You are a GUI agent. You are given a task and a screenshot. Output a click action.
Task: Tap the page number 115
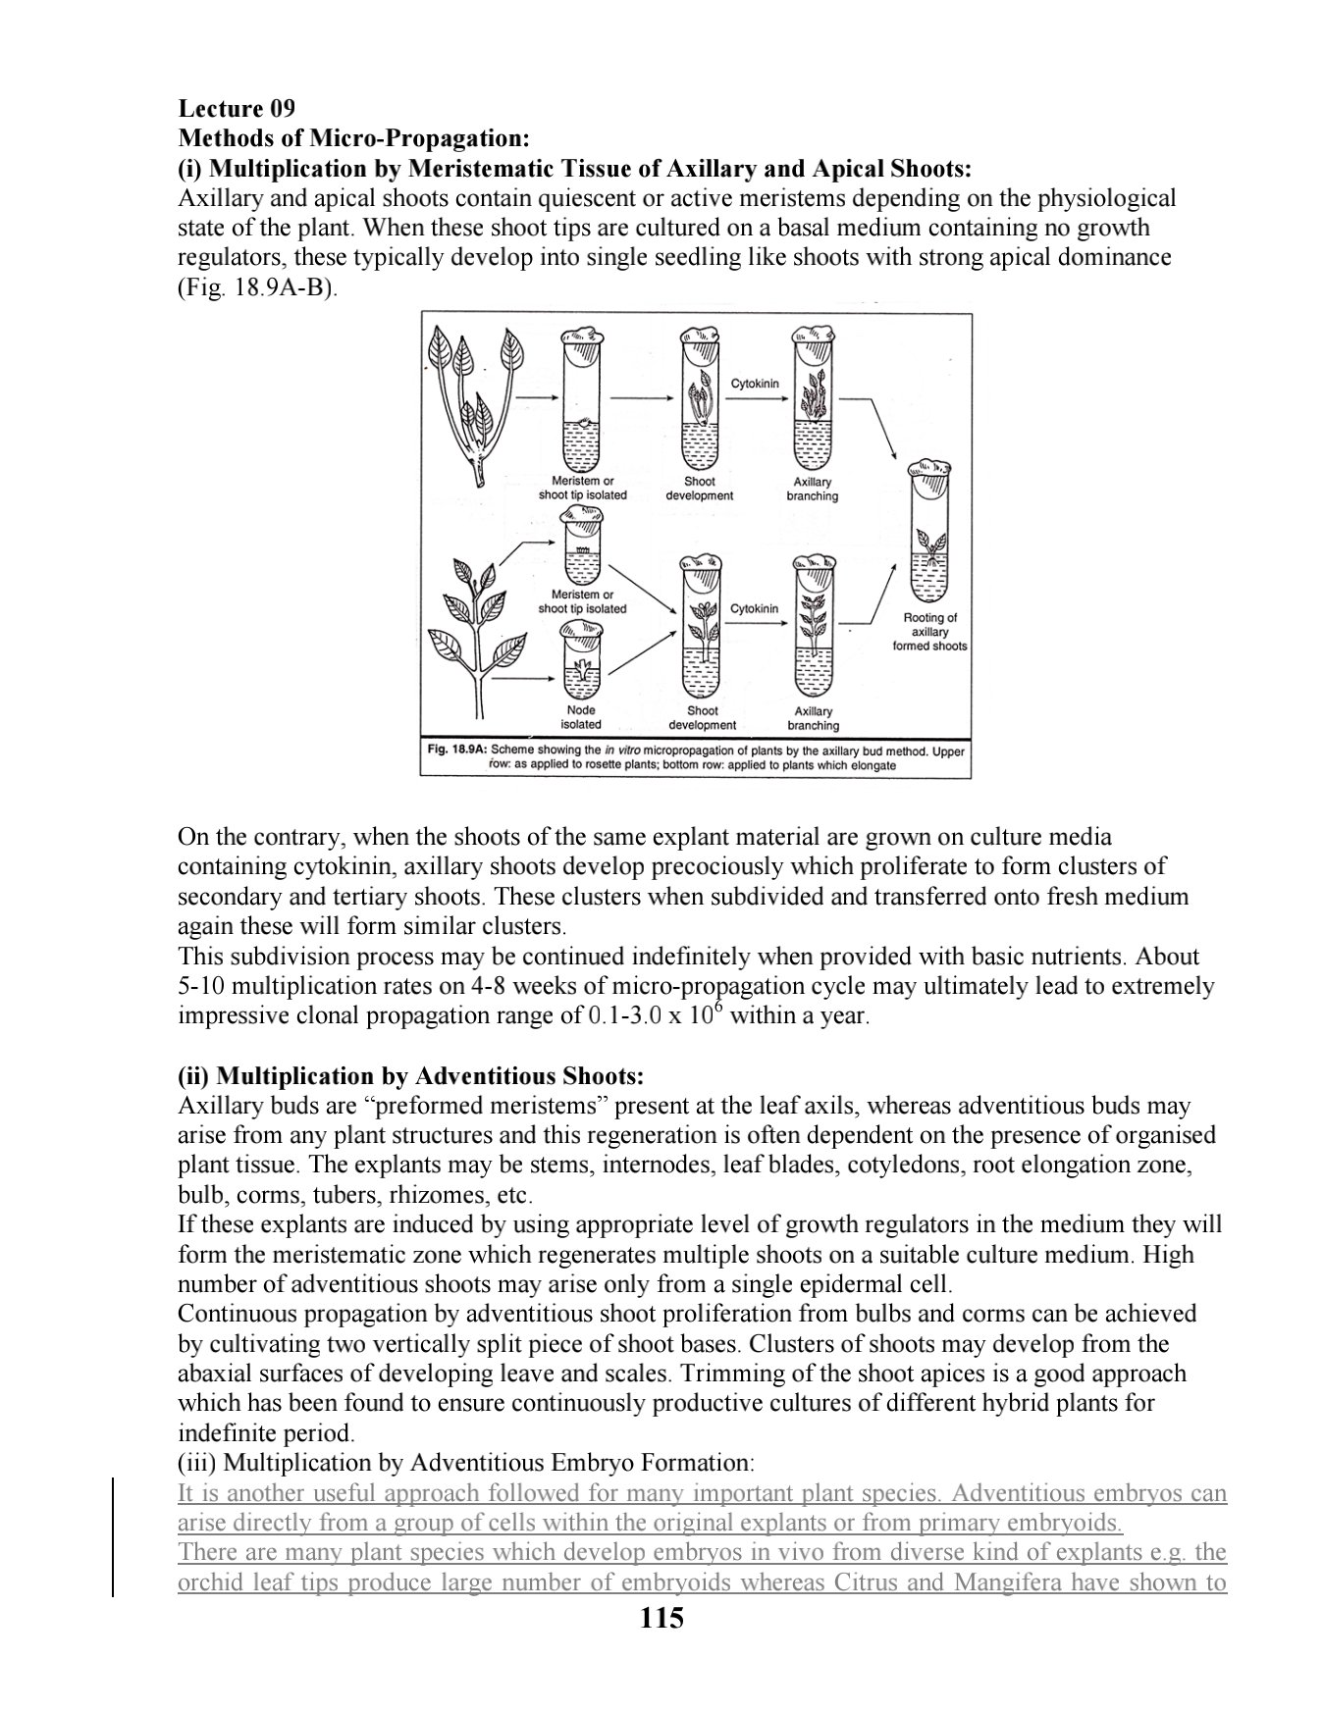tap(661, 1618)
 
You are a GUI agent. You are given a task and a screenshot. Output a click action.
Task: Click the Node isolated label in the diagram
tap(581, 717)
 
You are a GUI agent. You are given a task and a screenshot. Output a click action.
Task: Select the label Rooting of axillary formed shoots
tap(928, 632)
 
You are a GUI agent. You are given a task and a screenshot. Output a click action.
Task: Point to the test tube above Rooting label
tap(928, 530)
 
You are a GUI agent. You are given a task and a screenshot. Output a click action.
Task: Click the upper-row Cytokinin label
tap(755, 384)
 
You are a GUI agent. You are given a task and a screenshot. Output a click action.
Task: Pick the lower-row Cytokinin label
tap(754, 608)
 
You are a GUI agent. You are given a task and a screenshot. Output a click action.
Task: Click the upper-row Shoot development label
tap(699, 489)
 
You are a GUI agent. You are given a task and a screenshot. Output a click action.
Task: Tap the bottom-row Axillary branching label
tap(813, 718)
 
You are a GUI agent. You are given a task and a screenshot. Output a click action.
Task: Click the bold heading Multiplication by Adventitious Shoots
tap(410, 1076)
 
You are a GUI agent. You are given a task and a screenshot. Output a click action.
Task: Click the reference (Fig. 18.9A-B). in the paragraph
tap(257, 289)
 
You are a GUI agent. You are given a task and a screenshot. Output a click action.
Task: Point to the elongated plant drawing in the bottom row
tap(481, 628)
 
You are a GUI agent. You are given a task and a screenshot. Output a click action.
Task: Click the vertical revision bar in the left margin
tap(113, 1537)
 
